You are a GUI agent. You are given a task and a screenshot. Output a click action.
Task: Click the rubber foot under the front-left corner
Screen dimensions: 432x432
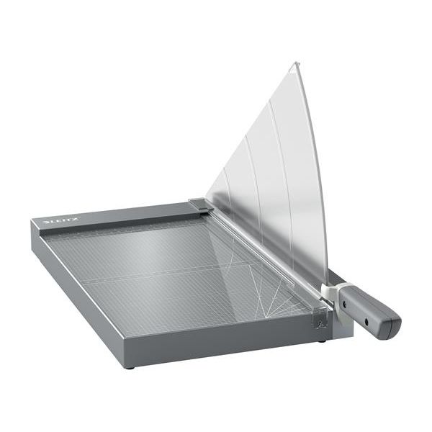click(x=130, y=366)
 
